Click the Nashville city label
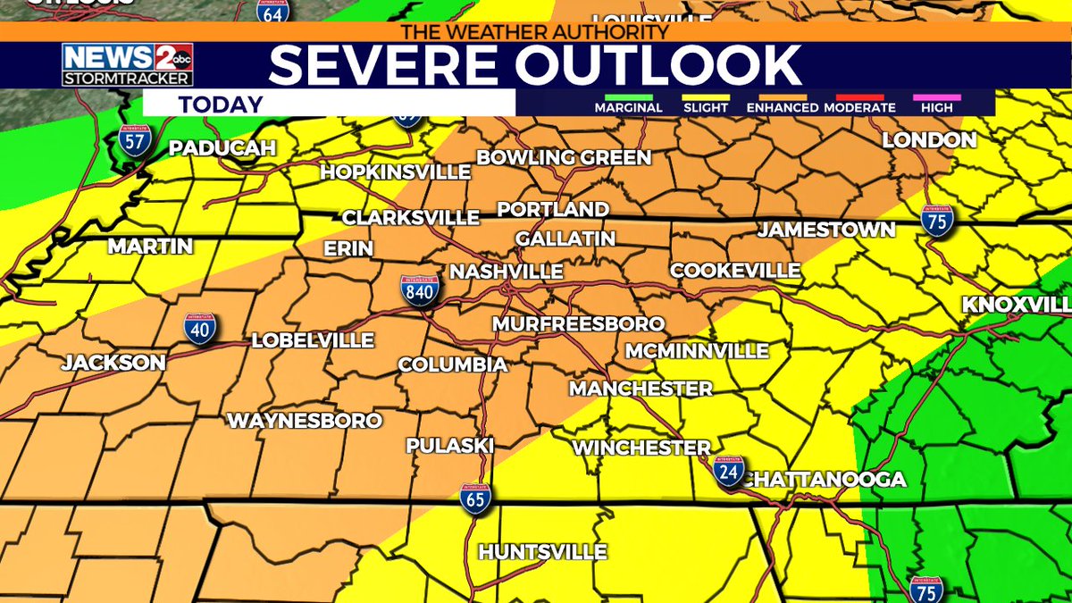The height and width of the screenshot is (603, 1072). (507, 272)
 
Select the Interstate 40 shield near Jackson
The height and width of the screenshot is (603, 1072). (199, 329)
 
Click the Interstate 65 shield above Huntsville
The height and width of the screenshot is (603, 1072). (475, 499)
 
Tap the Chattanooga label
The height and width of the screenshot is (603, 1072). (825, 480)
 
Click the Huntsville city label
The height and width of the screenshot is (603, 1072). (543, 552)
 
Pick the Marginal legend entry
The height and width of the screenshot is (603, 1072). (629, 107)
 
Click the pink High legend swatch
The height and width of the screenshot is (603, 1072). (936, 97)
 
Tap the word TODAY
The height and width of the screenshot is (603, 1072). (221, 104)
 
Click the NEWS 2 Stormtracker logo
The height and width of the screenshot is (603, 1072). (127, 65)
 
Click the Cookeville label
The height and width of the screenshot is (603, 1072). (735, 270)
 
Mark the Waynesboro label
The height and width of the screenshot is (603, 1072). (305, 420)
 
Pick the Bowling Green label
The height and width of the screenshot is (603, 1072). (564, 158)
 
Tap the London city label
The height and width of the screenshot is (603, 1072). (929, 139)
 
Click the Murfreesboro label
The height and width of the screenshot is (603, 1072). (579, 323)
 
